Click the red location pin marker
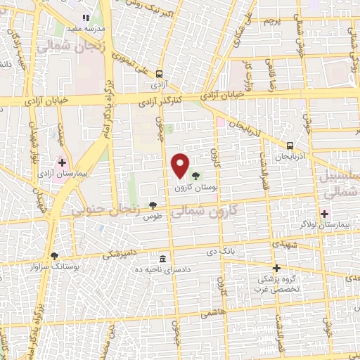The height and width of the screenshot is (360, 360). [x=180, y=165]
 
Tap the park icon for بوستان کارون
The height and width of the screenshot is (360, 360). [x=195, y=176]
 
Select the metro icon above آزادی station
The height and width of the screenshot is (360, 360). [x=160, y=73]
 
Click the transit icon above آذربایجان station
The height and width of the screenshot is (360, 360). [x=290, y=146]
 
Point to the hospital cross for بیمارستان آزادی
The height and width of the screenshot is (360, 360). [x=62, y=162]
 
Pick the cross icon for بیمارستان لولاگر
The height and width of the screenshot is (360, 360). [x=324, y=213]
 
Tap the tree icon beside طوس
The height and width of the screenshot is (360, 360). [x=153, y=205]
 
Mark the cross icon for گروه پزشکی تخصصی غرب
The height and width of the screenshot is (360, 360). [x=277, y=268]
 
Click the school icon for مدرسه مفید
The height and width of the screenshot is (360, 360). [x=86, y=17]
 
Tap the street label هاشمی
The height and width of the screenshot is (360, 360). [x=211, y=311]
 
